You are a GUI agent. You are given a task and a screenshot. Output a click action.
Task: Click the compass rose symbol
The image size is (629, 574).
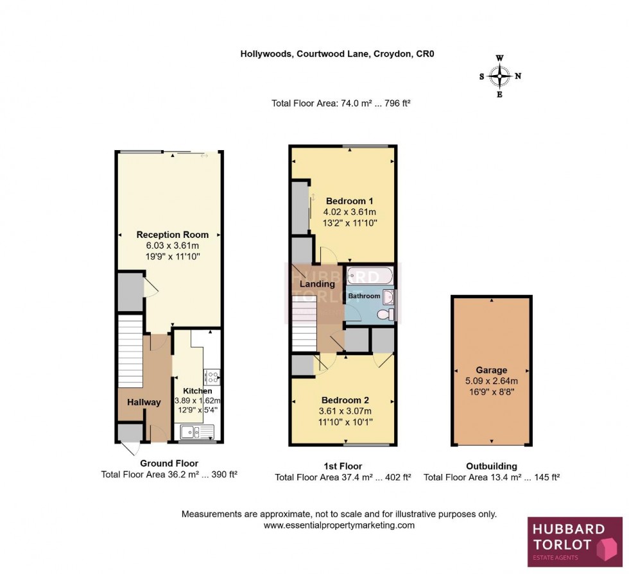[x=500, y=76]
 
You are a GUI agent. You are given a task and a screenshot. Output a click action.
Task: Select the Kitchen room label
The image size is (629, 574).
[x=197, y=391]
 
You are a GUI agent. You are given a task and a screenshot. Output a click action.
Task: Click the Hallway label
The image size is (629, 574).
[x=144, y=402]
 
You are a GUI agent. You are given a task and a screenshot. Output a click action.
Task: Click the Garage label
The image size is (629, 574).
[x=492, y=370]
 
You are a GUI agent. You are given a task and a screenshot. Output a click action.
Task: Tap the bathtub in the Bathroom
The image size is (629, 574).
[x=370, y=276]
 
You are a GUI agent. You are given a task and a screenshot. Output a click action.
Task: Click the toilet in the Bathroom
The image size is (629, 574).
[x=385, y=314]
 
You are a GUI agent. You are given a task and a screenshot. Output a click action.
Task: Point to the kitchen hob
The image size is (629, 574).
[x=212, y=376]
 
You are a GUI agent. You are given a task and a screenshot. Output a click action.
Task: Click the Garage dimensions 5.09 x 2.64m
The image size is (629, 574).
[x=492, y=381]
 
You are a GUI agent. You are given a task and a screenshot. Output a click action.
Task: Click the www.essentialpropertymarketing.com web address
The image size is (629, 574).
[x=339, y=525]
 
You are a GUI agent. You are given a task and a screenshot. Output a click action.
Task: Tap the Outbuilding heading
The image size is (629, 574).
[x=492, y=466]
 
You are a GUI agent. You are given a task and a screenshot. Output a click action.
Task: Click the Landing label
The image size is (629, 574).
[x=318, y=284]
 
